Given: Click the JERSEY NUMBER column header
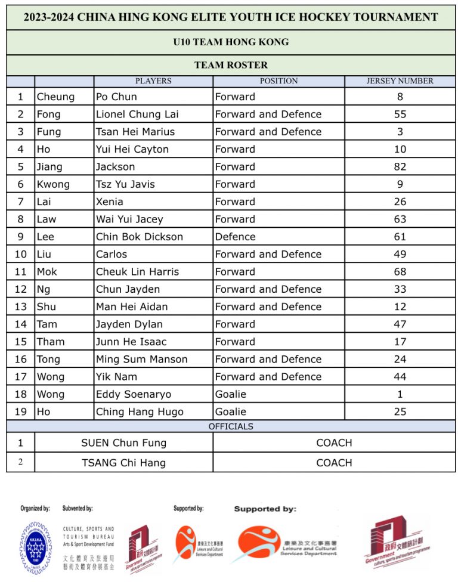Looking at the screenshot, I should click(x=400, y=81).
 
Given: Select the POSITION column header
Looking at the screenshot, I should click(x=278, y=81).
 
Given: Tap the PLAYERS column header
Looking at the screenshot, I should click(x=153, y=81).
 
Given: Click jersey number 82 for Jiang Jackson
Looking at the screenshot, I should click(x=400, y=167).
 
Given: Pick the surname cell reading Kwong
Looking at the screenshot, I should click(x=53, y=184).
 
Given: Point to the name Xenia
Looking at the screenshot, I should click(x=110, y=202).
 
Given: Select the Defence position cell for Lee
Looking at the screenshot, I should click(x=235, y=237).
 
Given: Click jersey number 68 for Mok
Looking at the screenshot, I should click(x=400, y=272).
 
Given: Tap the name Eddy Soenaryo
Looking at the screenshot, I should click(x=134, y=394).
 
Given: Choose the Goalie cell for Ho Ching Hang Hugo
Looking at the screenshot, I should click(x=230, y=411).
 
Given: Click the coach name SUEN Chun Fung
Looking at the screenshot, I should click(x=123, y=443).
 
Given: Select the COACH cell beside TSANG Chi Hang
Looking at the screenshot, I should click(x=334, y=463).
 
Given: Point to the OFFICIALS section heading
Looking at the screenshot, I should click(x=231, y=426).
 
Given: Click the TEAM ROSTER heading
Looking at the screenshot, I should click(x=231, y=65).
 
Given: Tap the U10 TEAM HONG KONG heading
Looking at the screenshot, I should click(x=231, y=42).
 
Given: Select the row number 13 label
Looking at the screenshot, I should click(x=21, y=307).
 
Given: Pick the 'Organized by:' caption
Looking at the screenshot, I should click(x=35, y=509).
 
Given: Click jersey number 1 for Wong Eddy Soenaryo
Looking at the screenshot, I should click(x=400, y=394).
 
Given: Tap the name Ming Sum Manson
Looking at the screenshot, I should click(x=142, y=359).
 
